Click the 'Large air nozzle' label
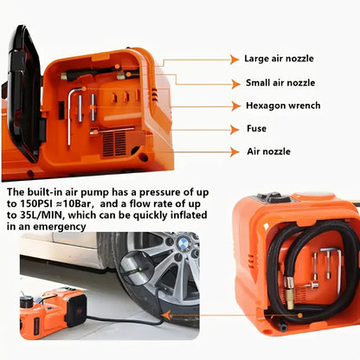(x=279, y=59)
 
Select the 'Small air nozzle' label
(x=280, y=83)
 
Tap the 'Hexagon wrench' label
(x=283, y=106)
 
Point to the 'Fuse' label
(x=256, y=128)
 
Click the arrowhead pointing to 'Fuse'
(x=235, y=130)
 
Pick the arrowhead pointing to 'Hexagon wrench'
(x=235, y=106)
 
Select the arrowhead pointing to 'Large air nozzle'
(x=235, y=60)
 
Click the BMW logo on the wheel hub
(x=183, y=245)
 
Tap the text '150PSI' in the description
(x=36, y=203)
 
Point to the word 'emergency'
(x=60, y=227)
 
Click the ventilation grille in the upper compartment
(x=114, y=145)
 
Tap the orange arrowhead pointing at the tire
(x=165, y=315)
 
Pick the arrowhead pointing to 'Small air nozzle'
(x=235, y=84)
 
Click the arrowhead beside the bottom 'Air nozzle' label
(x=235, y=151)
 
